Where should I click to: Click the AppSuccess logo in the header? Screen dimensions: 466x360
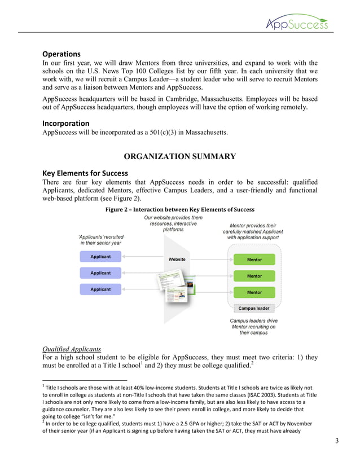(297, 22)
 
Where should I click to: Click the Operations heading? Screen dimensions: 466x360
(62, 54)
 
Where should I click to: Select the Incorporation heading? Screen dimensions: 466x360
(66, 123)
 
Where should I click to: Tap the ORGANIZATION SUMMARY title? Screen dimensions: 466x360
(180, 156)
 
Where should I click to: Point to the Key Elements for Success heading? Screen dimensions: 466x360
(85, 173)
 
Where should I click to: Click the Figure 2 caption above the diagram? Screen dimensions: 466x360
(180, 209)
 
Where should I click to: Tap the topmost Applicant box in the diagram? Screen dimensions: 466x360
(100, 257)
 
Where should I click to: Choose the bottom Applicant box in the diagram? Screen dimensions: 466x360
(100, 289)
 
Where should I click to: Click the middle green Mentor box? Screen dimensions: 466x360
(254, 276)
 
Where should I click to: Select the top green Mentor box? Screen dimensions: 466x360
(254, 260)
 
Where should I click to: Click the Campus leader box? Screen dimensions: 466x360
(254, 309)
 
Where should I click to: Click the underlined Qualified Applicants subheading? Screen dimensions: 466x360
(72, 349)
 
